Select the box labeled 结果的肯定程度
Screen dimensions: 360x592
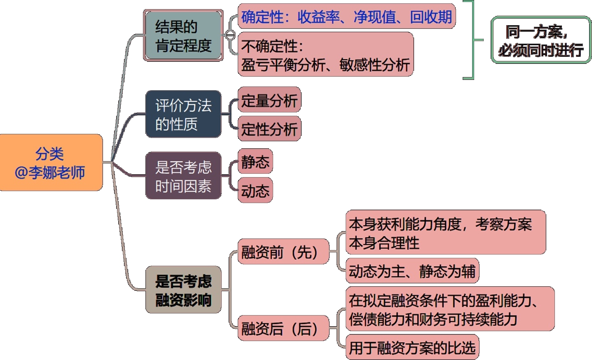pyautogui.click(x=183, y=36)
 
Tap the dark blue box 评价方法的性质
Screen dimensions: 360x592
pyautogui.click(x=183, y=114)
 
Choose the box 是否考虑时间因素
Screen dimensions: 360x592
pyautogui.click(x=183, y=176)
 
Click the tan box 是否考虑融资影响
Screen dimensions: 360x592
pyautogui.click(x=183, y=290)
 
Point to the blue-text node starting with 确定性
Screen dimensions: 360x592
pyautogui.click(x=346, y=16)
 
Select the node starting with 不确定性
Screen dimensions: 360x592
pyautogui.click(x=325, y=55)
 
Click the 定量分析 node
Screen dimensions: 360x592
pyautogui.click(x=269, y=100)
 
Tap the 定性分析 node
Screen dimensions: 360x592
pyautogui.click(x=269, y=129)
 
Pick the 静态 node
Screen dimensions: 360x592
pyautogui.click(x=255, y=161)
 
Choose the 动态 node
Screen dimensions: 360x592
pyautogui.click(x=255, y=190)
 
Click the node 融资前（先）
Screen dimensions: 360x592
pyautogui.click(x=283, y=251)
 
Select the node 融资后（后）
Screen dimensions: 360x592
pyautogui.click(x=283, y=328)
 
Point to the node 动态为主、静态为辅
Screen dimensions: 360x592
pyautogui.click(x=412, y=271)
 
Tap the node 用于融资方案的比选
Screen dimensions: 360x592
pyautogui.click(x=412, y=348)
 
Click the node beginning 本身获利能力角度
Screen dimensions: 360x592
pyautogui.click(x=445, y=233)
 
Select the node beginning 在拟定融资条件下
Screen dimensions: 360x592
pyautogui.click(x=450, y=309)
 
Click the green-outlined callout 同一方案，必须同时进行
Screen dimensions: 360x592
pyautogui.click(x=541, y=40)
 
